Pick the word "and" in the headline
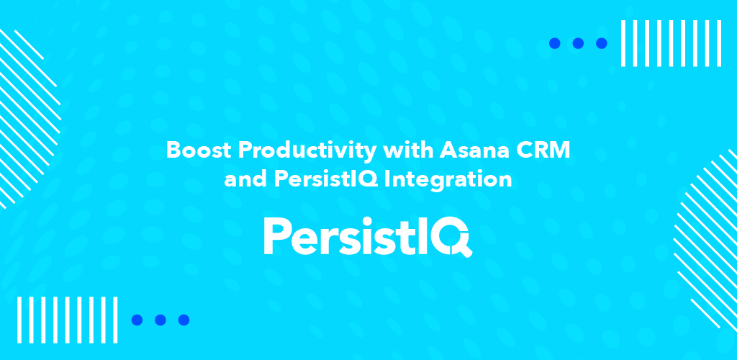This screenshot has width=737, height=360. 241,179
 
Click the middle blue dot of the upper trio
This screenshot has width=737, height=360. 578,43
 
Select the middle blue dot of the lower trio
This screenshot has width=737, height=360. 160,320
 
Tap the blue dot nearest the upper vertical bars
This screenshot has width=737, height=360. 602,43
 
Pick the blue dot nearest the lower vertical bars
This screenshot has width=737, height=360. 137,320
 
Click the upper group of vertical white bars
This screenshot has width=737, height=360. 671,43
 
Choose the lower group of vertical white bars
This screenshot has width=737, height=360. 67,320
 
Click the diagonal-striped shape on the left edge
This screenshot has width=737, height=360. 28,117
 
